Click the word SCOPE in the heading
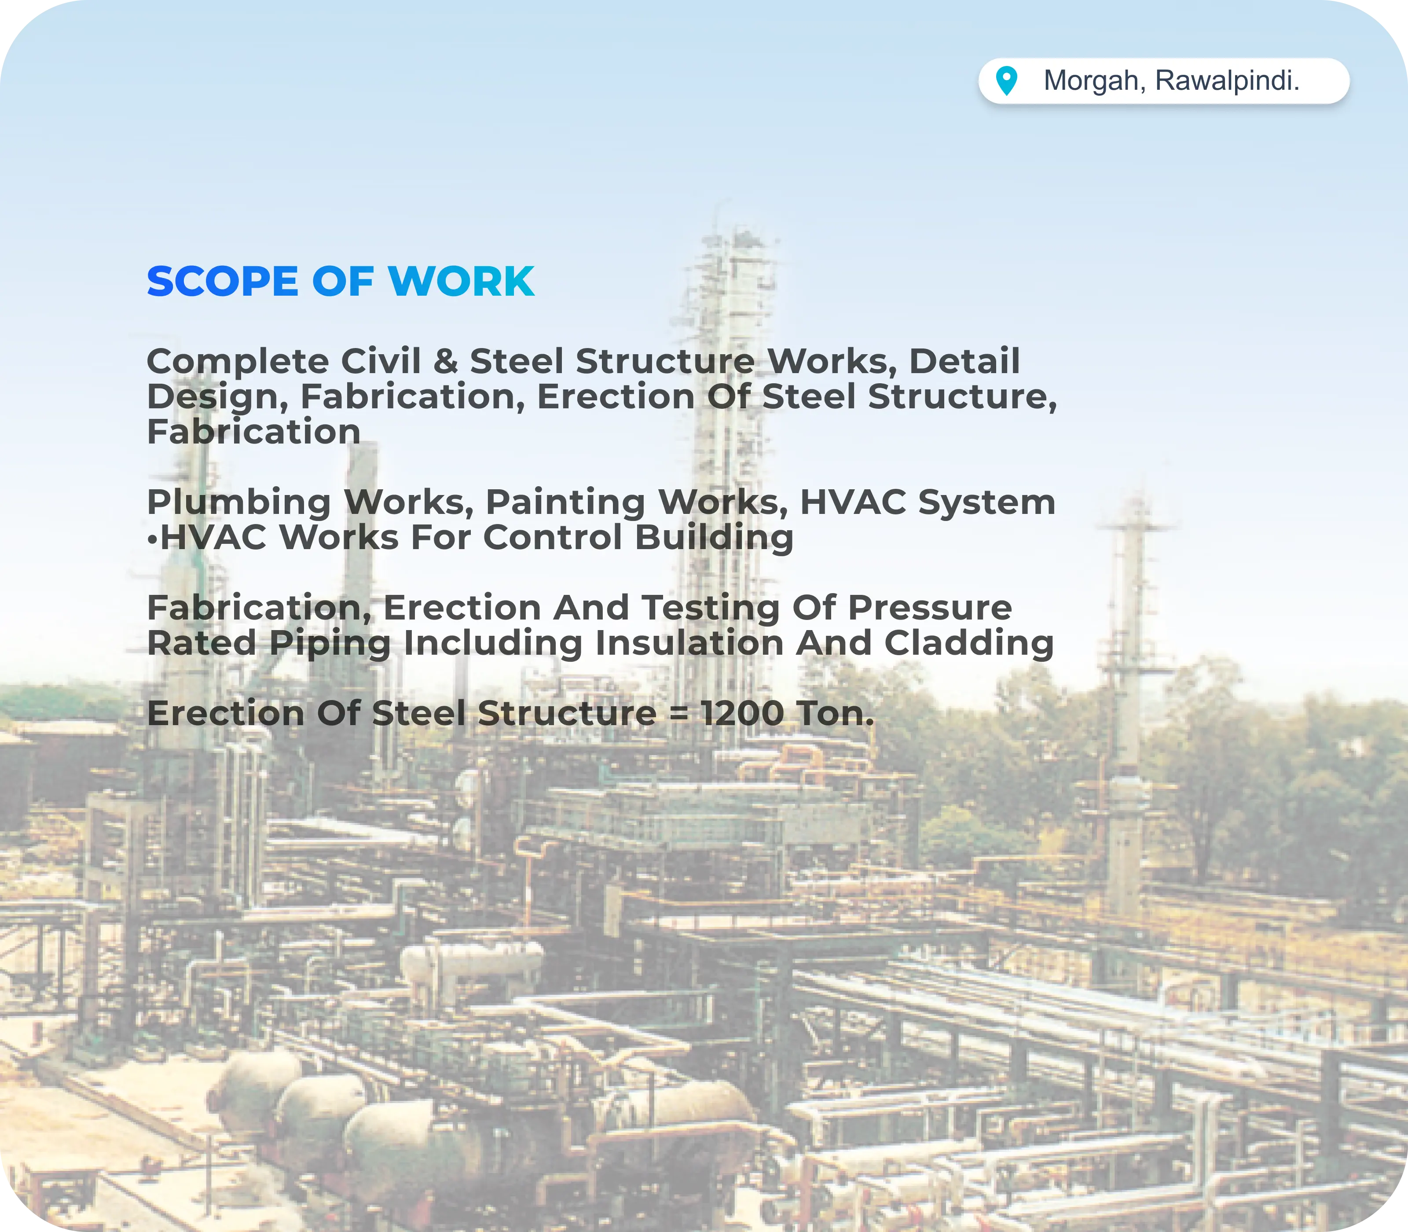pyautogui.click(x=222, y=282)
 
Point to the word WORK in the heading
pyautogui.click(x=461, y=282)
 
